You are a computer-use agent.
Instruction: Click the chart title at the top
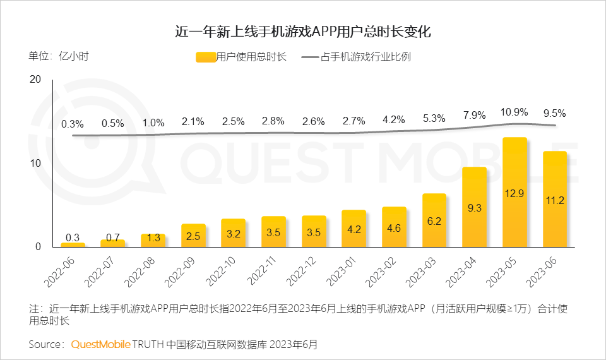click(303, 32)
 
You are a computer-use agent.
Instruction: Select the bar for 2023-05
click(514, 192)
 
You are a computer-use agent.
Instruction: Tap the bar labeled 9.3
click(475, 207)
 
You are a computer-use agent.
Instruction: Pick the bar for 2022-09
click(193, 235)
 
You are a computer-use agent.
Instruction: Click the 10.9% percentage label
click(514, 112)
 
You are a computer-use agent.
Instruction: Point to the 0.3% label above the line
click(73, 123)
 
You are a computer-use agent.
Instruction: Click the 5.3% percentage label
click(434, 118)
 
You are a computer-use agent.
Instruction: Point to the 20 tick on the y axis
click(35, 80)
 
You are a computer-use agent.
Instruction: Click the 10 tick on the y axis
click(35, 163)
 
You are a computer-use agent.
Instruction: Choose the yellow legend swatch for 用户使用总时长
click(206, 57)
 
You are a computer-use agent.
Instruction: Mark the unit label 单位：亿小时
click(59, 56)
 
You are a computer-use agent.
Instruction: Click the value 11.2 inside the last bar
click(555, 200)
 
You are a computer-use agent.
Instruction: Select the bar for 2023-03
click(434, 220)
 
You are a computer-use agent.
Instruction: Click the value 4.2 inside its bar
click(354, 229)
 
